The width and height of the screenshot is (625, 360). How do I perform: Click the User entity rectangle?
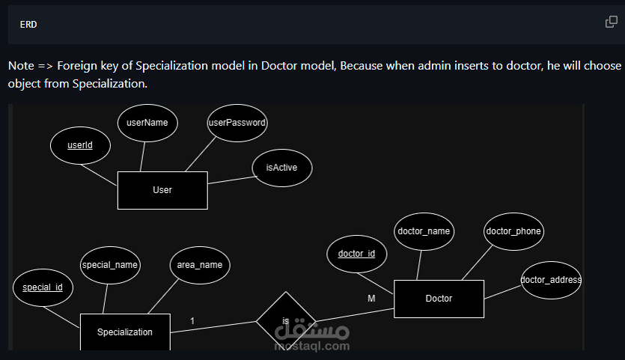[162, 190]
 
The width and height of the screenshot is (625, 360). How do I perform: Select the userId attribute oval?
[80, 145]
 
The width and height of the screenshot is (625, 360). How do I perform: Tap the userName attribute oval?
[147, 123]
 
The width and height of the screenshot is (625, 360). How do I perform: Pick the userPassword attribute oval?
[237, 123]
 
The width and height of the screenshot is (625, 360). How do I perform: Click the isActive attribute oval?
[281, 168]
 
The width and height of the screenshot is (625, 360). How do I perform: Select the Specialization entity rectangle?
[125, 332]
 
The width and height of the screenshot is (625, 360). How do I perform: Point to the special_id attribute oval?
[43, 287]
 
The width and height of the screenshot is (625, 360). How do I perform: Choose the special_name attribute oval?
[110, 265]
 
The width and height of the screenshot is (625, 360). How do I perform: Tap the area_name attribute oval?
[200, 265]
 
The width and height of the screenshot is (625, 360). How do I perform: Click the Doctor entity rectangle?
[439, 299]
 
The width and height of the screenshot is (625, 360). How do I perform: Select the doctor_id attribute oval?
[356, 254]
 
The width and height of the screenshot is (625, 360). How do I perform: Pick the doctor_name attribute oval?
[424, 231]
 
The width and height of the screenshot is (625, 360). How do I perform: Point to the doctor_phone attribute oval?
[513, 231]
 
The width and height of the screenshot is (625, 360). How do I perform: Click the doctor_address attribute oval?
[551, 280]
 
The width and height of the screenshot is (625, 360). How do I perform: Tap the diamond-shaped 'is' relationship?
[286, 320]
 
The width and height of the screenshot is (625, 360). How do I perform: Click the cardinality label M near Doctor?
[371, 299]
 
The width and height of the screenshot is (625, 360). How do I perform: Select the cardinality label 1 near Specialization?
[192, 321]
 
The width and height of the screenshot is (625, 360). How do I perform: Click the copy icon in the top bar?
[612, 22]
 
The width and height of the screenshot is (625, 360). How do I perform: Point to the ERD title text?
[28, 25]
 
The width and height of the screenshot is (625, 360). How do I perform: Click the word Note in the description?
[20, 66]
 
